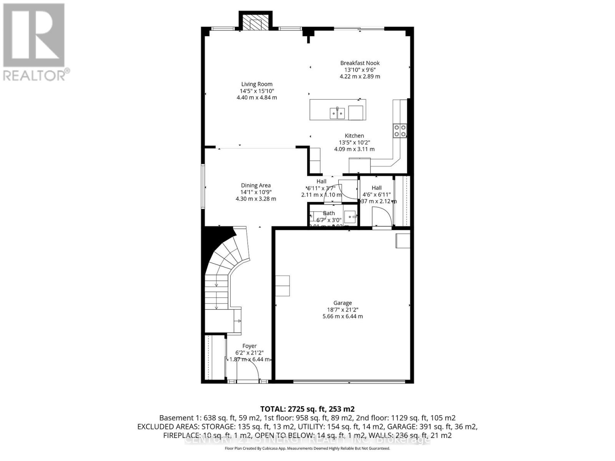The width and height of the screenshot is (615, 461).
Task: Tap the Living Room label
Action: tap(256, 84)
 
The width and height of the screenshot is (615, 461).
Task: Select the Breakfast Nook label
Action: tap(360, 63)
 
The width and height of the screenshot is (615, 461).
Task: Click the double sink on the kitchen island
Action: tap(337, 113)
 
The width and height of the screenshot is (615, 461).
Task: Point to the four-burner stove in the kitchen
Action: tap(400, 131)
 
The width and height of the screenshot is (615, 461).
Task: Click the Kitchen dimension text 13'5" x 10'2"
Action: tap(354, 143)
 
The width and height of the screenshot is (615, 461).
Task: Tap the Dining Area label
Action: tap(256, 185)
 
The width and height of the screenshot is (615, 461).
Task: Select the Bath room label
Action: tap(329, 213)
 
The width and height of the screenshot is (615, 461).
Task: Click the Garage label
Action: tap(342, 303)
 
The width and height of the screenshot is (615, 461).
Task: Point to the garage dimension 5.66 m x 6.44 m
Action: tap(342, 317)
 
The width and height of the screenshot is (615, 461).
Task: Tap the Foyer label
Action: tap(249, 346)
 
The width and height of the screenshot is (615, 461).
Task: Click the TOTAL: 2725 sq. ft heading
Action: tap(307, 409)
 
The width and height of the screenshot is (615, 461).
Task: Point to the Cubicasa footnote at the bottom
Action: tap(307, 448)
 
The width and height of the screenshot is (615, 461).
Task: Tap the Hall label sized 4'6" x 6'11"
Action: tap(377, 188)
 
